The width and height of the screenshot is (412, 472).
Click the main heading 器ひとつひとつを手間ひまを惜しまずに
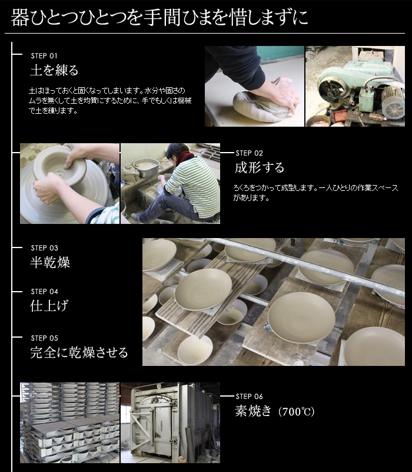(159, 17)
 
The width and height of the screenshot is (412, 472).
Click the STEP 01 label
(44, 55)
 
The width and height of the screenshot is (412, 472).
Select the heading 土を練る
(54, 71)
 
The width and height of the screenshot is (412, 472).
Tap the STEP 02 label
(249, 153)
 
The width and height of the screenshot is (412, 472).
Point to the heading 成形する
(260, 168)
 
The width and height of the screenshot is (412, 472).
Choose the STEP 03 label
(44, 248)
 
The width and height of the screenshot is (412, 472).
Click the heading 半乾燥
(50, 263)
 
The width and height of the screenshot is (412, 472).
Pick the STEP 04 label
(44, 292)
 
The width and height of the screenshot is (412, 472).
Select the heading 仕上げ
(50, 306)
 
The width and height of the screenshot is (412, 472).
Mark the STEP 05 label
(44, 338)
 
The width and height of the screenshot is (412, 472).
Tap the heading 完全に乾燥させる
(79, 353)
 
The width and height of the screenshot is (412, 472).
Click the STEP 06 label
(249, 397)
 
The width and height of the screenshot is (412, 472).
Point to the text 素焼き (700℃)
(275, 411)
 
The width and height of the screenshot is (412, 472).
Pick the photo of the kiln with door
(170, 423)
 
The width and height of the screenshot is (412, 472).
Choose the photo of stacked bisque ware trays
(69, 423)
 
